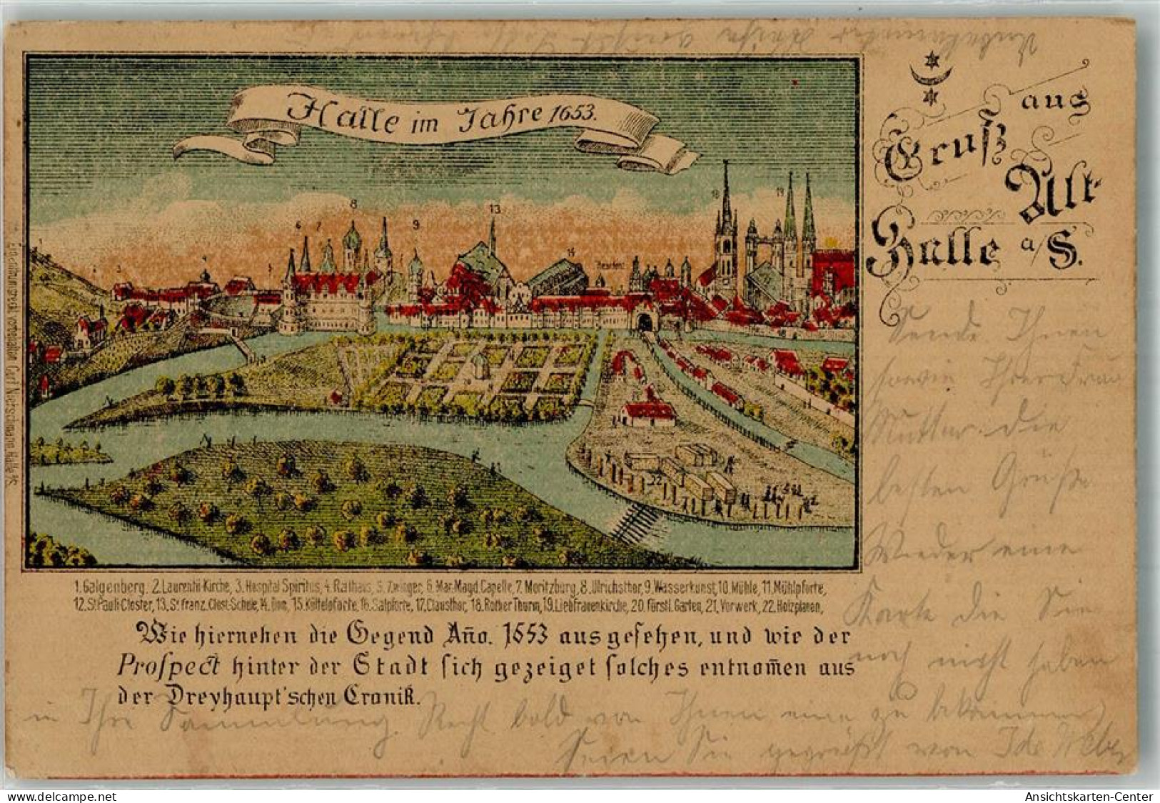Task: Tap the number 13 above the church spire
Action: point(494,209)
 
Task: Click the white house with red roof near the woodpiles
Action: point(647,413)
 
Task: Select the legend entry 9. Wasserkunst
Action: point(679,588)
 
